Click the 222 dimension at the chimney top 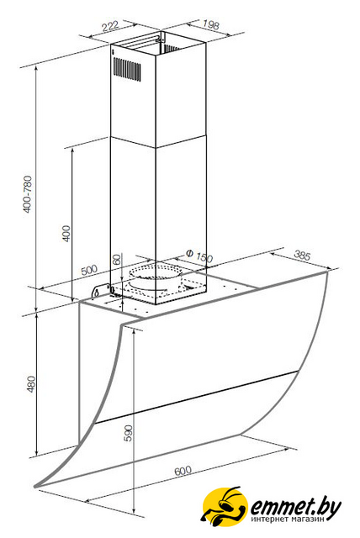tap(110, 26)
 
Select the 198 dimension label tap(210, 24)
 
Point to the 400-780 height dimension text tap(28, 194)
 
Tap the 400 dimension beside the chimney tap(66, 233)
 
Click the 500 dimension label tap(89, 270)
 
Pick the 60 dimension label tap(117, 259)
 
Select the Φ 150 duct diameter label tap(199, 256)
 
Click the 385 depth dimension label tap(302, 256)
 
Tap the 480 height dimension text tap(31, 384)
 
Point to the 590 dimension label tap(128, 433)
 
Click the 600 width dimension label tap(183, 471)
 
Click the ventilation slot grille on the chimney tap(127, 69)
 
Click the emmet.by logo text tap(296, 507)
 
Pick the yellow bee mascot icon tap(224, 505)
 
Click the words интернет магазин tap(288, 520)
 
